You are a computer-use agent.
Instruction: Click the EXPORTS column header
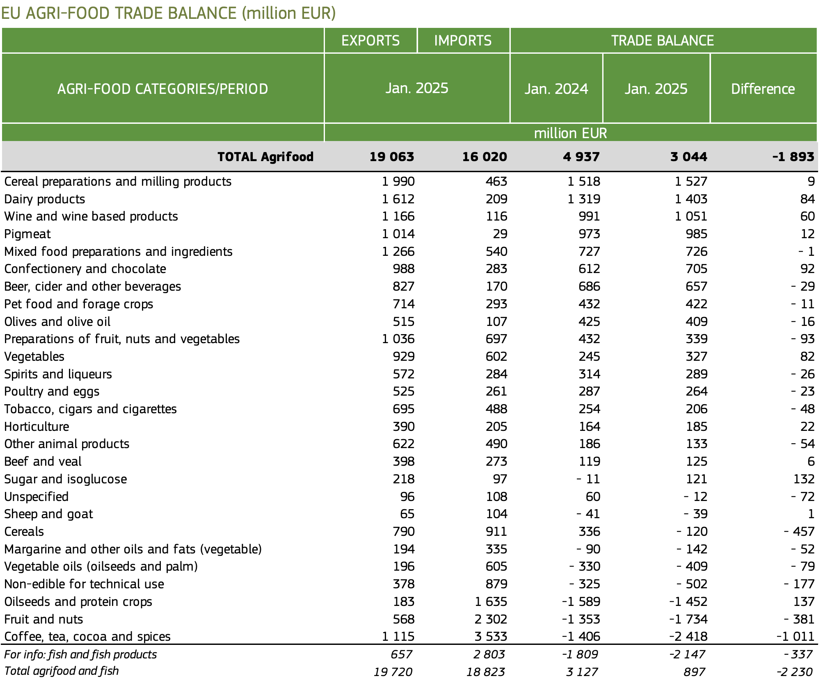pos(370,41)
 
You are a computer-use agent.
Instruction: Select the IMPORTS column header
pos(463,41)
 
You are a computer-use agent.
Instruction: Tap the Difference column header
pos(763,89)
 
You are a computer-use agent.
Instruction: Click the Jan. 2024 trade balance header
pos(556,89)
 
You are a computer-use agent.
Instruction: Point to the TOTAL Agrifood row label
pos(265,157)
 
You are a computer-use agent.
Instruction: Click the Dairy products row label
pos(45,199)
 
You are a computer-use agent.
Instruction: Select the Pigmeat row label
pos(27,234)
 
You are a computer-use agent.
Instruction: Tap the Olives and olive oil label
pos(57,321)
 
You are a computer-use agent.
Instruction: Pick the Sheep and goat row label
pos(48,514)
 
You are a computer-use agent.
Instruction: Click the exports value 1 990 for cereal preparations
pos(398,181)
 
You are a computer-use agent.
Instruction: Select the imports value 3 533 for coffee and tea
pos(491,636)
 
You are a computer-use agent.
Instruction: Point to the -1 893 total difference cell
pos(793,157)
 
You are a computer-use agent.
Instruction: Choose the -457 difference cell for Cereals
pos(799,531)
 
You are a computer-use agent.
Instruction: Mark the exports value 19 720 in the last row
pos(393,672)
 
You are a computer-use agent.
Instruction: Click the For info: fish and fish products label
pos(80,654)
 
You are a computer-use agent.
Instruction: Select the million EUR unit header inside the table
pos(570,133)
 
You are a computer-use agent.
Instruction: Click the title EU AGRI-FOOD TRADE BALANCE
pos(119,13)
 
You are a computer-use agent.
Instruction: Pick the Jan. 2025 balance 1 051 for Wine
pos(691,216)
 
